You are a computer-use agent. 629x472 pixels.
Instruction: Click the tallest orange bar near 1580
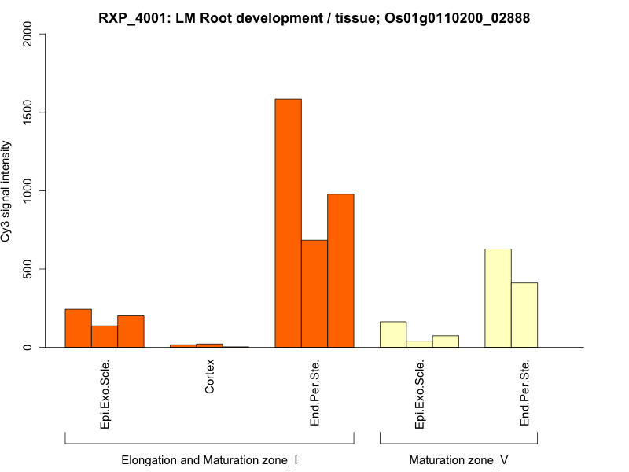[x=288, y=223]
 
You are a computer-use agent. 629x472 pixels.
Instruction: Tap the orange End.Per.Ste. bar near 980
[x=340, y=271]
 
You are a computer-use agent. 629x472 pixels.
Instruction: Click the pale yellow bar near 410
[x=524, y=315]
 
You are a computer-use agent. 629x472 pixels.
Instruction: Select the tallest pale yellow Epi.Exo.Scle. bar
[x=393, y=334]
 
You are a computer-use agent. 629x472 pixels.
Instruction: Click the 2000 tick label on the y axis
[x=29, y=34]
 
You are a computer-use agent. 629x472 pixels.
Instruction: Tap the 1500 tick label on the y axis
[x=29, y=112]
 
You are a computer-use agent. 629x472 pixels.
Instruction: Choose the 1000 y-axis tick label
[x=29, y=190]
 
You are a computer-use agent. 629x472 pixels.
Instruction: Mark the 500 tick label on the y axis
[x=29, y=269]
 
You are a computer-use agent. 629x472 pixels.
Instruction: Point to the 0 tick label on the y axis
[x=29, y=347]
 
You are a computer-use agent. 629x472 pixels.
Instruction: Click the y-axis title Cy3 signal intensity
[x=7, y=190]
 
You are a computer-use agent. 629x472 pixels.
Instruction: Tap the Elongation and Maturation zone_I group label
[x=209, y=459]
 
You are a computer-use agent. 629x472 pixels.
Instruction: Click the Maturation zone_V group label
[x=458, y=459]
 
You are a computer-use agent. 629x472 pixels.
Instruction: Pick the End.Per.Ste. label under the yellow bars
[x=524, y=393]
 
